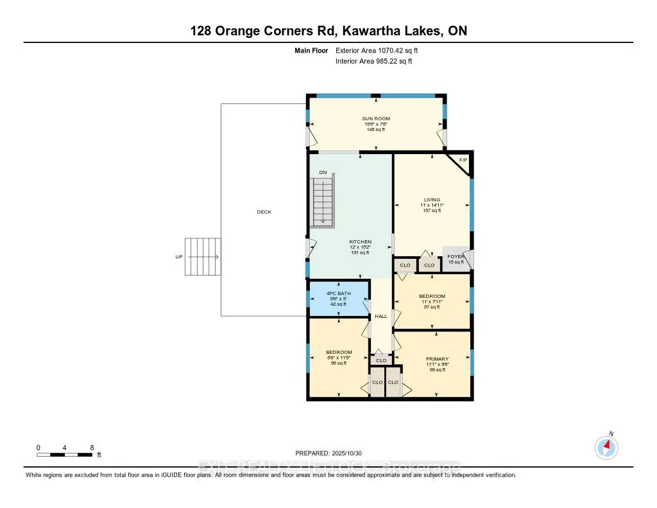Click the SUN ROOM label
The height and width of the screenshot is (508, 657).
[x=375, y=119]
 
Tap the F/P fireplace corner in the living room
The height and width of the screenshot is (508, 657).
[x=463, y=161]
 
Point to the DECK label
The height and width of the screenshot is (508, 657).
[x=264, y=212]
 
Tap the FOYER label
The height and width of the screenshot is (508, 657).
[x=456, y=257]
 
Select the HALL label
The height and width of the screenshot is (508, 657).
[x=380, y=317]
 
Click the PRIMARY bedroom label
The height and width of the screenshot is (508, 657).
[x=438, y=359]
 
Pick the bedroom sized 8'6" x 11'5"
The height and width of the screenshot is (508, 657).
[x=338, y=357]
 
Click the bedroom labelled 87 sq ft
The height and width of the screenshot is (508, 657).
[x=432, y=301]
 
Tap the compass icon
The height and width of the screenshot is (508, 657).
[x=606, y=447]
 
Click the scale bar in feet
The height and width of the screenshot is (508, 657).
[x=65, y=455]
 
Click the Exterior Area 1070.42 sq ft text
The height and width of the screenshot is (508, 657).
[x=377, y=50]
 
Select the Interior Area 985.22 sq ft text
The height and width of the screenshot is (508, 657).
[x=374, y=61]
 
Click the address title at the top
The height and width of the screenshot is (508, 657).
[x=328, y=31]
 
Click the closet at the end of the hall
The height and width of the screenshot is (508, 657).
[x=380, y=361]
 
